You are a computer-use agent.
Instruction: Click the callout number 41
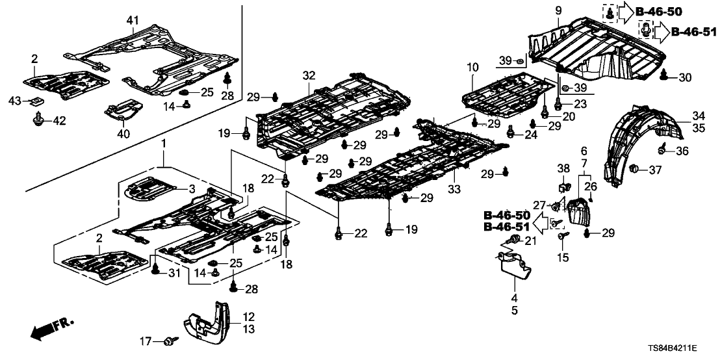click(x=133, y=21)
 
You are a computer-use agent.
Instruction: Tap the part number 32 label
click(x=308, y=75)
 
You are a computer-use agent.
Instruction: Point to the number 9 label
click(x=558, y=10)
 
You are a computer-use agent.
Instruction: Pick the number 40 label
click(x=123, y=134)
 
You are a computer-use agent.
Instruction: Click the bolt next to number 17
click(x=170, y=339)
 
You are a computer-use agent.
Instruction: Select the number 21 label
click(x=530, y=242)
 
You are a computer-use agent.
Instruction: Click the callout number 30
click(x=685, y=77)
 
